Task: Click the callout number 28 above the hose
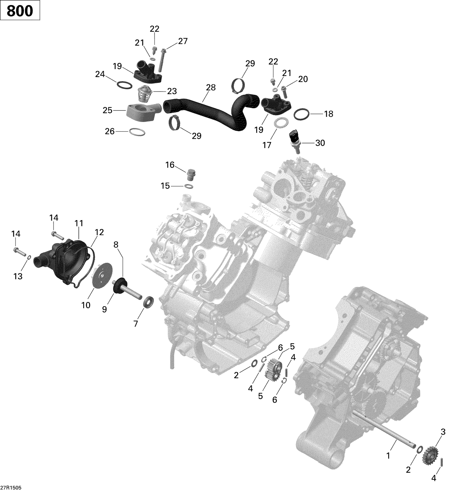[x=211, y=87]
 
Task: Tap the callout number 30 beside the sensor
[x=320, y=143]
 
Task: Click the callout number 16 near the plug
[x=170, y=165]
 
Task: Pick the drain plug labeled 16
[x=189, y=175]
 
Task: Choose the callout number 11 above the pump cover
[x=79, y=223]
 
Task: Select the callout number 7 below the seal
[x=136, y=324]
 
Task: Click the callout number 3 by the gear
[x=443, y=431]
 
